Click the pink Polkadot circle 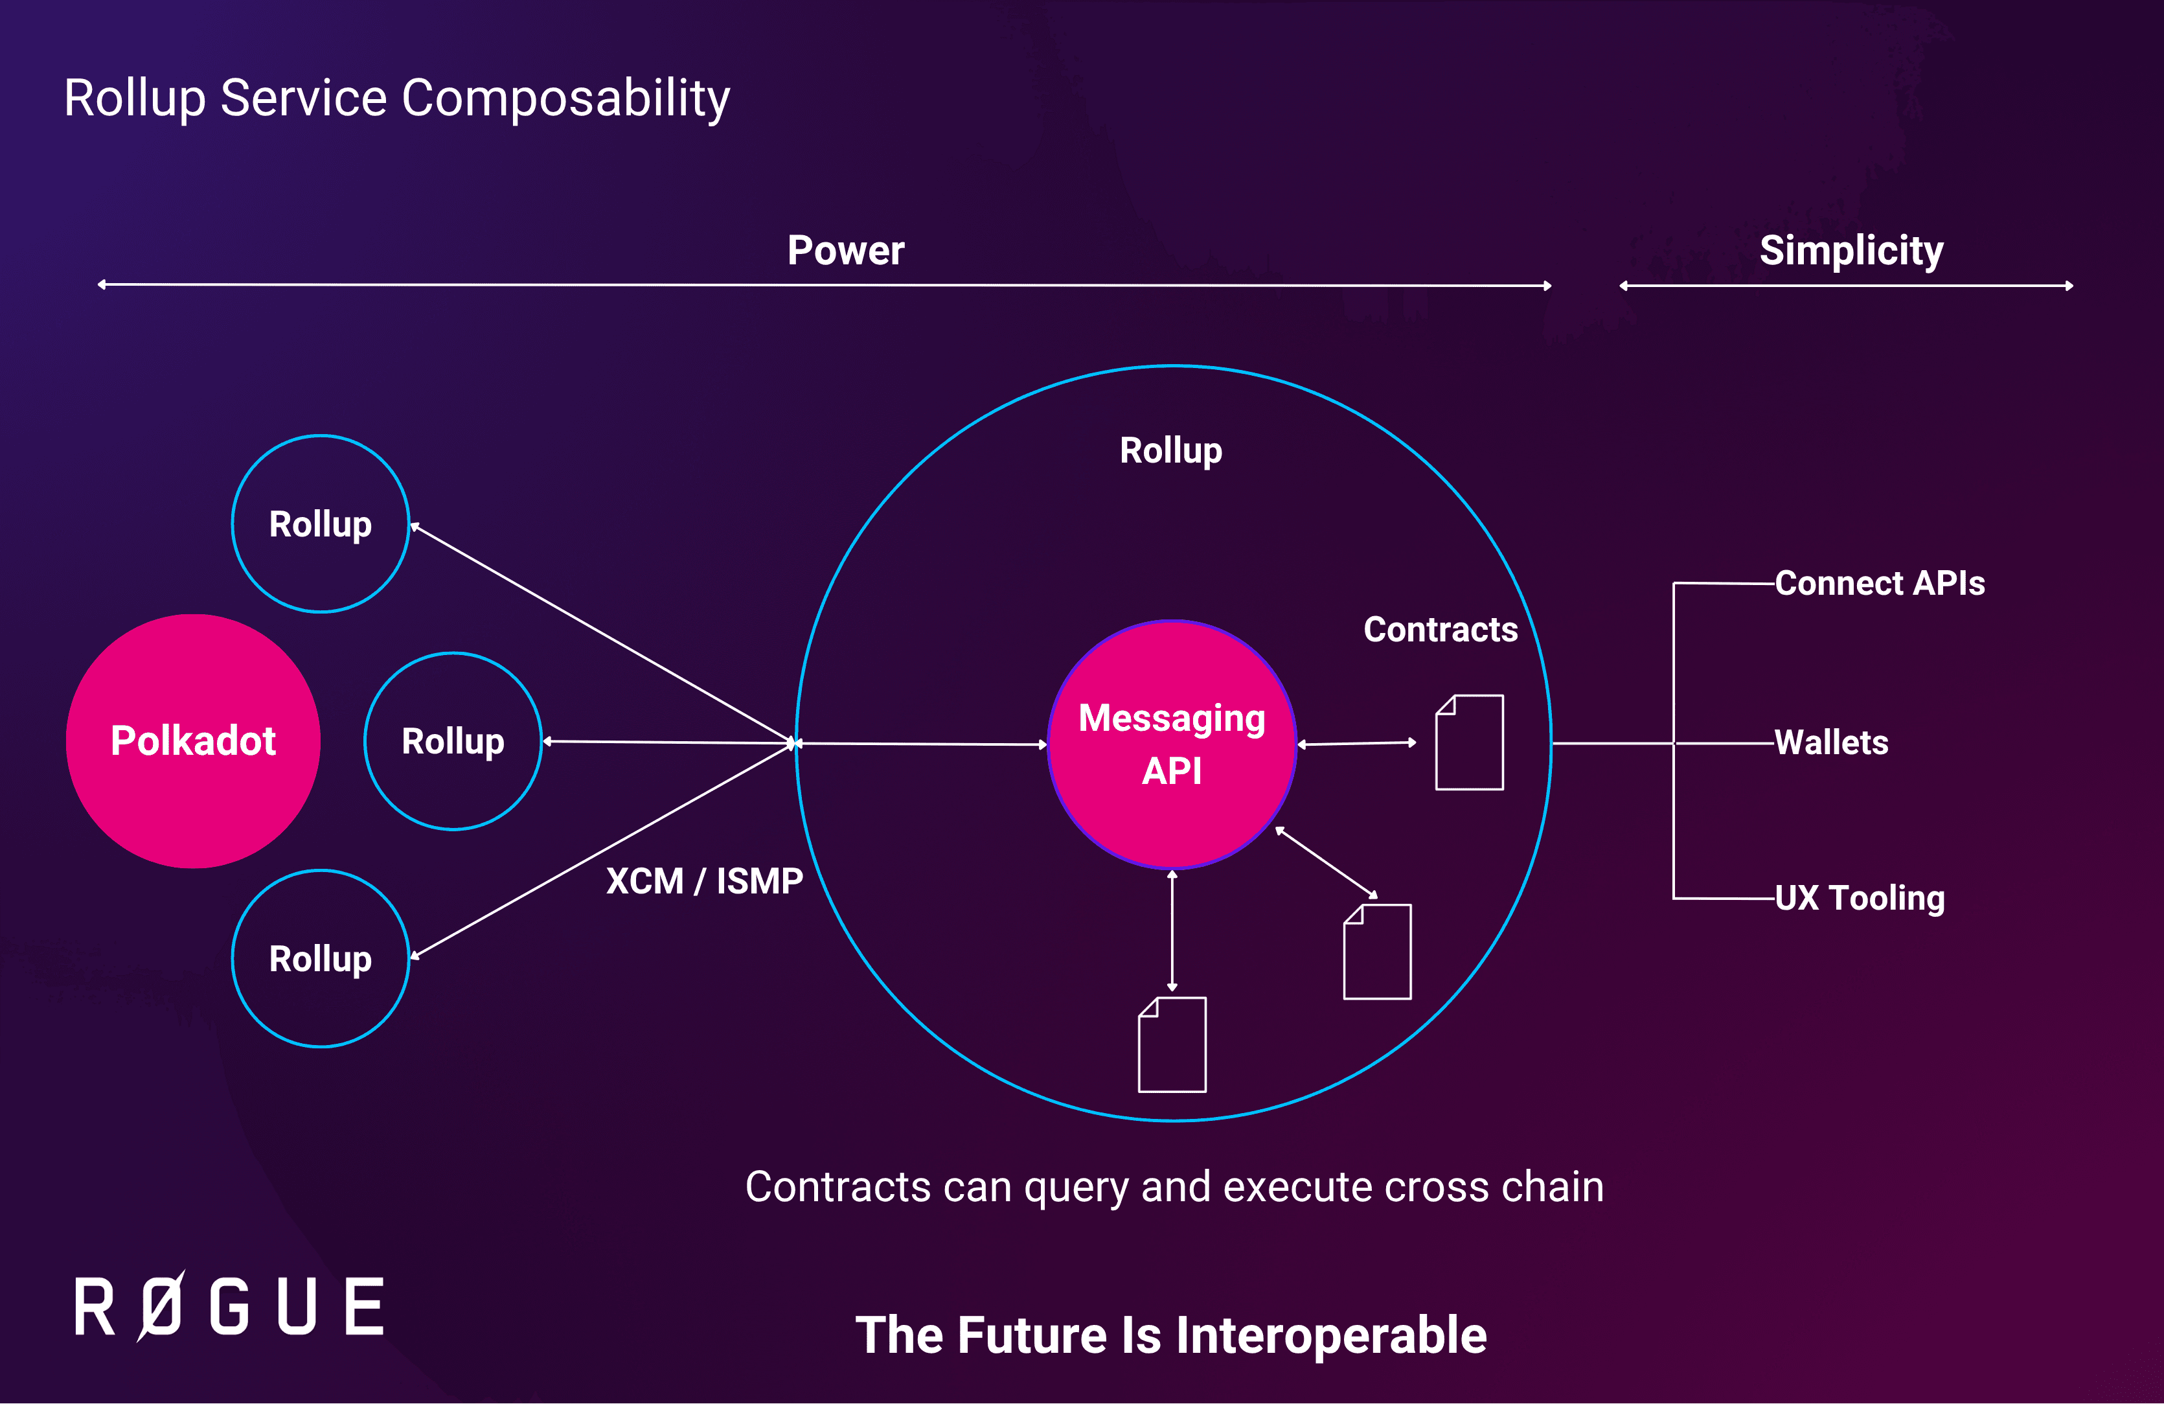pyautogui.click(x=193, y=741)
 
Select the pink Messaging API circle pyautogui.click(x=1172, y=744)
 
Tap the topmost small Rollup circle pyautogui.click(x=320, y=524)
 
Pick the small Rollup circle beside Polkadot pyautogui.click(x=453, y=741)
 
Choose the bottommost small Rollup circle pyautogui.click(x=320, y=958)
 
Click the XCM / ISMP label pyautogui.click(x=705, y=881)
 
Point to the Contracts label pyautogui.click(x=1441, y=629)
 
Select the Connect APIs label pyautogui.click(x=1880, y=583)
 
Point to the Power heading pyautogui.click(x=846, y=250)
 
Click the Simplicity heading pyautogui.click(x=1851, y=250)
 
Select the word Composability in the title pyautogui.click(x=565, y=98)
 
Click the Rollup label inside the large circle pyautogui.click(x=1171, y=450)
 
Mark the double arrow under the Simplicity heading pyautogui.click(x=1846, y=286)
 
